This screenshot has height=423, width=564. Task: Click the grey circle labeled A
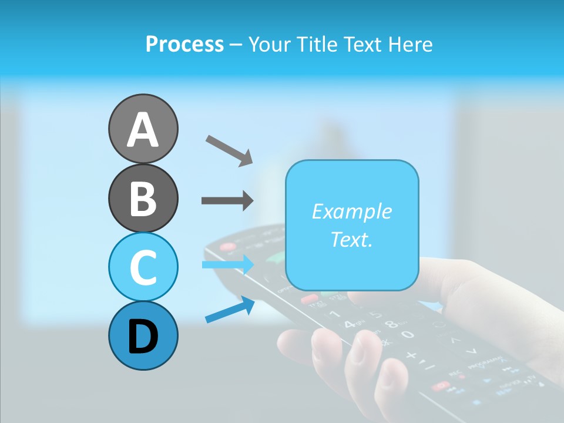tap(143, 129)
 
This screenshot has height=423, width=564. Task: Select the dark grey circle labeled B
tap(143, 198)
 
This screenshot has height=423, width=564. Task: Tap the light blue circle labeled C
tap(143, 267)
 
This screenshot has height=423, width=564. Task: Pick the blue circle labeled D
tap(143, 335)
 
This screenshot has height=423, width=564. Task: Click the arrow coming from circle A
tap(229, 150)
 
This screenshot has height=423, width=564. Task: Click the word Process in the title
tap(184, 44)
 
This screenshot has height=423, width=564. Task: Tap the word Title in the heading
tap(317, 44)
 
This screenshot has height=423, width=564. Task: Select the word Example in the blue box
tap(351, 211)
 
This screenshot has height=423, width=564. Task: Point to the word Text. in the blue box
tap(351, 239)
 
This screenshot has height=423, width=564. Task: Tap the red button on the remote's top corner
tap(227, 247)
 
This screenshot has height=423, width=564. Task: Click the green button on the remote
tap(276, 257)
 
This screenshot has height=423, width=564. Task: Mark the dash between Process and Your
tap(236, 45)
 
